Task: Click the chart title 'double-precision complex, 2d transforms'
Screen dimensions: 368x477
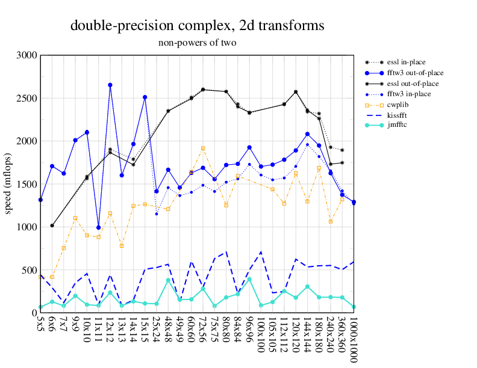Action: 198,25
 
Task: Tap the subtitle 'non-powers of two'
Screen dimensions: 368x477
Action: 198,43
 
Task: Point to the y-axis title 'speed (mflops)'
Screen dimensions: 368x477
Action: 8,184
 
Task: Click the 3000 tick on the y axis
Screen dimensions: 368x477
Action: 27,55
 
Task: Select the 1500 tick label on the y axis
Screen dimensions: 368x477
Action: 27,184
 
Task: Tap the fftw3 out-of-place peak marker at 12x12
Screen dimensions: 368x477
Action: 110,85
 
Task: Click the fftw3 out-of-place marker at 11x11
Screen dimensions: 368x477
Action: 99,227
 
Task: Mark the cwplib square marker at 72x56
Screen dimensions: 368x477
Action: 203,148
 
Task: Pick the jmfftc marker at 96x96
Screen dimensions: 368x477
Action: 249,279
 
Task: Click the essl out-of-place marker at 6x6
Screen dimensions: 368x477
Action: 52,225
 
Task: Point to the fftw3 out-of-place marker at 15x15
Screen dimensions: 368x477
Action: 145,97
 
